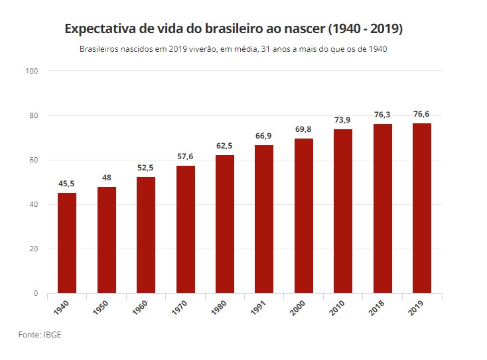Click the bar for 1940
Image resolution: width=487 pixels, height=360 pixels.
coord(67,243)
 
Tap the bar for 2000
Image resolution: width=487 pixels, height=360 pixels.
coord(304,215)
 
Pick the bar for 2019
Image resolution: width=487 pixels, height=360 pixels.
coord(422,208)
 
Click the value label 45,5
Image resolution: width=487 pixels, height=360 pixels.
coord(67,184)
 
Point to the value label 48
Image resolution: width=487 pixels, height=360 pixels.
coord(107,178)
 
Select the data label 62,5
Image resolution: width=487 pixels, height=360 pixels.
coord(225,146)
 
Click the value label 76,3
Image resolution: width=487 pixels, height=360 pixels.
coord(383,115)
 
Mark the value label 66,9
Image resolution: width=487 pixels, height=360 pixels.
coord(264,136)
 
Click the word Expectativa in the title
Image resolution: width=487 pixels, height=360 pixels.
coord(98,30)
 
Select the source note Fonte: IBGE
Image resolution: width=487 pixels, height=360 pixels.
coord(40,335)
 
